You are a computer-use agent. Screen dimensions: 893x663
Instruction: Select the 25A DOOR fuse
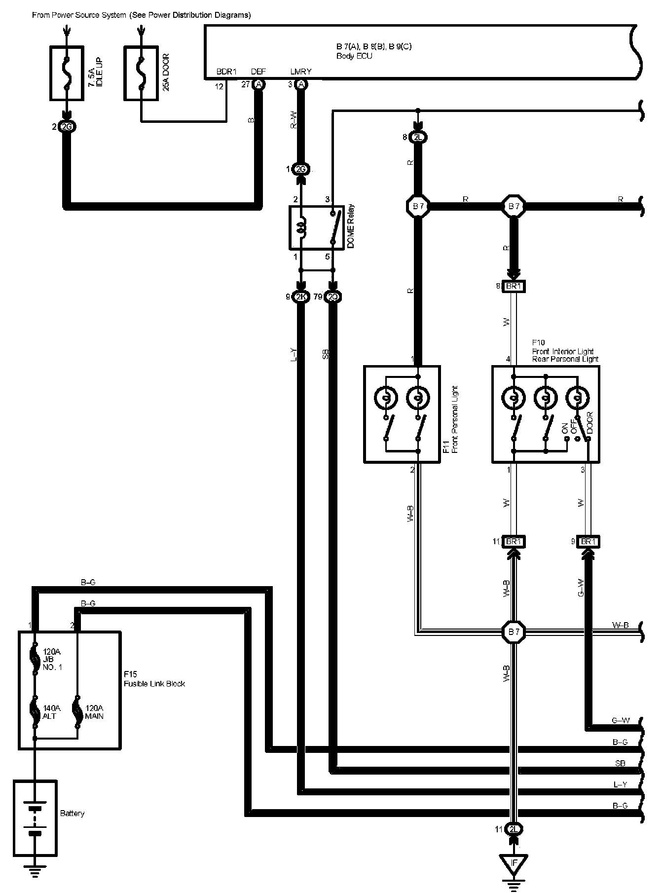tap(141, 74)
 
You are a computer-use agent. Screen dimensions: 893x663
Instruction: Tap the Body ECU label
tap(354, 56)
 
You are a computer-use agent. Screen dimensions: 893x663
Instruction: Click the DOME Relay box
tap(316, 227)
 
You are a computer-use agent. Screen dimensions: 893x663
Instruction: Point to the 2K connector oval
tap(300, 297)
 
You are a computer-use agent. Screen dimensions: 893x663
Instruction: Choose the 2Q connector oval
tap(333, 297)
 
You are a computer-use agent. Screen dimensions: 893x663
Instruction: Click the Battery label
tap(72, 813)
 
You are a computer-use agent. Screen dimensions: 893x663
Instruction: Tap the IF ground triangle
tap(514, 863)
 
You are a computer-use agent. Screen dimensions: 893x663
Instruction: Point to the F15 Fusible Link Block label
tap(154, 679)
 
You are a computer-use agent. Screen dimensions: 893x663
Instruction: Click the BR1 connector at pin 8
tap(514, 286)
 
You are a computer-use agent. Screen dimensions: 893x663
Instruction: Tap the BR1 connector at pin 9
tap(587, 541)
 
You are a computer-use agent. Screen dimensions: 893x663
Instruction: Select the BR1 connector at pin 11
tap(514, 541)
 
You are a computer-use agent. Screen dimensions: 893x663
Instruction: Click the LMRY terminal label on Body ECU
tap(301, 72)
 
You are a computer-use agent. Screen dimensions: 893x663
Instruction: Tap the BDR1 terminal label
tap(227, 72)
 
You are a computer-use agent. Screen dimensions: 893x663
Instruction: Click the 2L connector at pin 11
tap(514, 829)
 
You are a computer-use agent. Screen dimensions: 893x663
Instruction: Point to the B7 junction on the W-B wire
tap(514, 631)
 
